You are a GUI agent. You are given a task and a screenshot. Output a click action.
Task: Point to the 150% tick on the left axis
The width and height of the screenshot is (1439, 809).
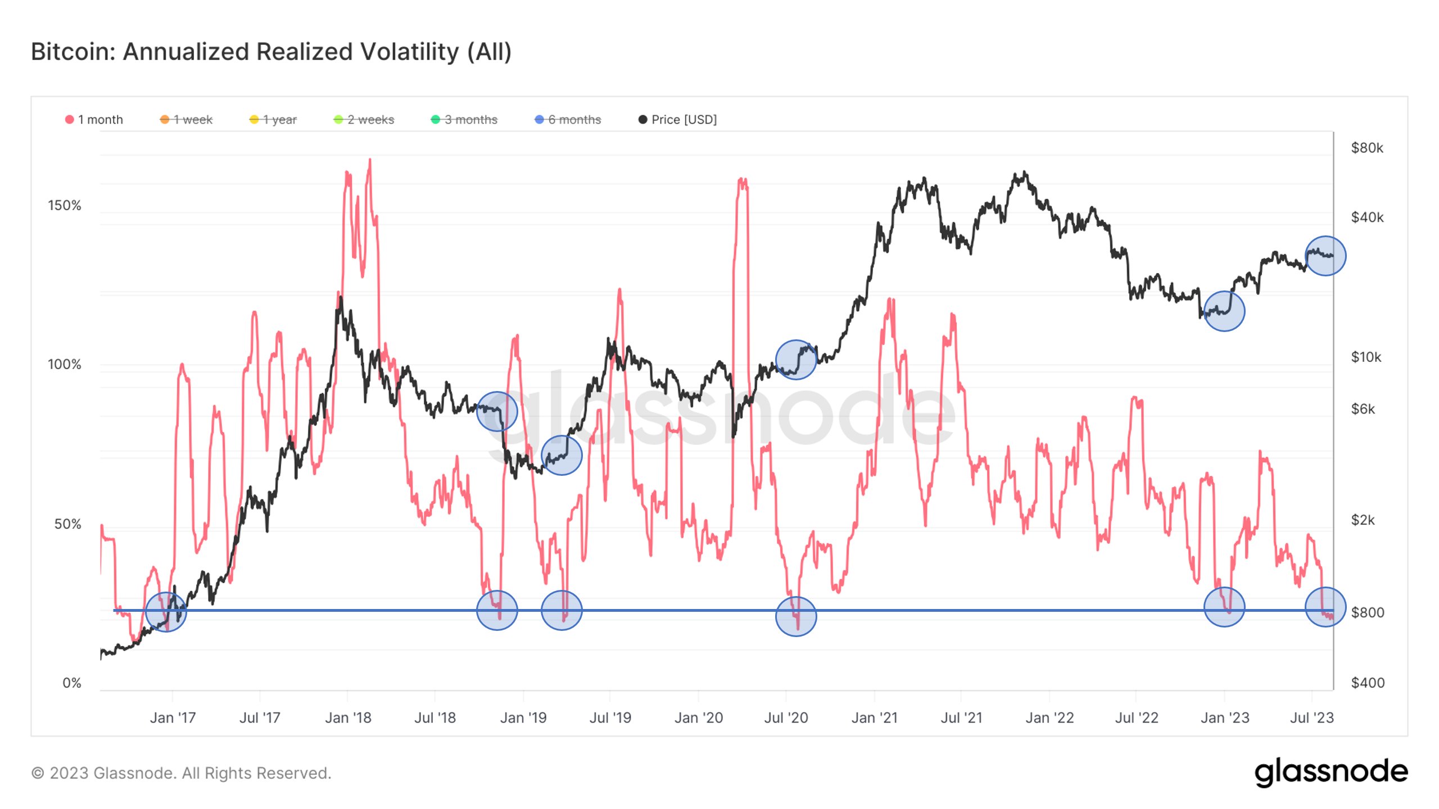[65, 206]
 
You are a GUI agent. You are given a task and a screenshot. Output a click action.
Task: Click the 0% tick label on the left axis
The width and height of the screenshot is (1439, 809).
[72, 683]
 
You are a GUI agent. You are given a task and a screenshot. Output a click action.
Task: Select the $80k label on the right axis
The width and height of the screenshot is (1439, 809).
[1367, 148]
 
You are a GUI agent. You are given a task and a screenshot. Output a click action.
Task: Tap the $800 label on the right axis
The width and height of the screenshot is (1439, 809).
[1367, 612]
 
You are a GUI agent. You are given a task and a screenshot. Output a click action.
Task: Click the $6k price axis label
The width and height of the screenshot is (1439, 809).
[1363, 409]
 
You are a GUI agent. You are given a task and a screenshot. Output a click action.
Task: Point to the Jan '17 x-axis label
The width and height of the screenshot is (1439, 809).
[173, 718]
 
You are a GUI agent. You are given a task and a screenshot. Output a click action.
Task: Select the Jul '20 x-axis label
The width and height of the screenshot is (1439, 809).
[786, 718]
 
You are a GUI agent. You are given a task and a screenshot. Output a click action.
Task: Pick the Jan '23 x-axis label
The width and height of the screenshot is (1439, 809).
[1225, 718]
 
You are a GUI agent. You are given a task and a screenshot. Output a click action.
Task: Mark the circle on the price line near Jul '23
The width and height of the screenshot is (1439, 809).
[1325, 256]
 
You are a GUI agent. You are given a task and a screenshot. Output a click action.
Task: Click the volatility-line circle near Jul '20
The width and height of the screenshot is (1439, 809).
[796, 616]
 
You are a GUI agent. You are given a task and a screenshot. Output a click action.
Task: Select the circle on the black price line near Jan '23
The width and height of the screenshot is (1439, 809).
[1224, 311]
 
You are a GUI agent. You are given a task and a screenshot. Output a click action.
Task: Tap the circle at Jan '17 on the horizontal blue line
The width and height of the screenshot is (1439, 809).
[166, 611]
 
